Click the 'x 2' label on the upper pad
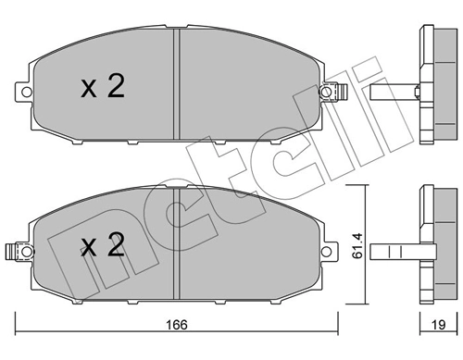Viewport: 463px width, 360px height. click(101, 88)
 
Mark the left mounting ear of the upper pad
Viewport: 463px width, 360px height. click(22, 90)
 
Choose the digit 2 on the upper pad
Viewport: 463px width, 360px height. click(115, 88)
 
